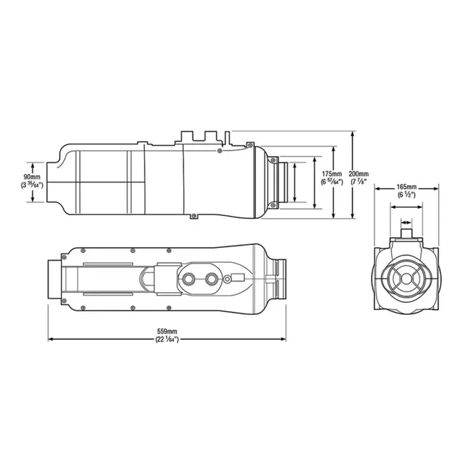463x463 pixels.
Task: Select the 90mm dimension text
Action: pos(31,175)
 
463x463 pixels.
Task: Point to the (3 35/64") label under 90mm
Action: pos(31,184)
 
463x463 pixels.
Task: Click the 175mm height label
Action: pos(332,173)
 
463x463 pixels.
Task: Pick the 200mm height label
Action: pos(359,173)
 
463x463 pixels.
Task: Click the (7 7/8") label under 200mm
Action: pos(359,182)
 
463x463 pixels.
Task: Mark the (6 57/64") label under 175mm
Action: pos(332,182)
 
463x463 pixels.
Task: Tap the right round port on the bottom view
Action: pos(211,278)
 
